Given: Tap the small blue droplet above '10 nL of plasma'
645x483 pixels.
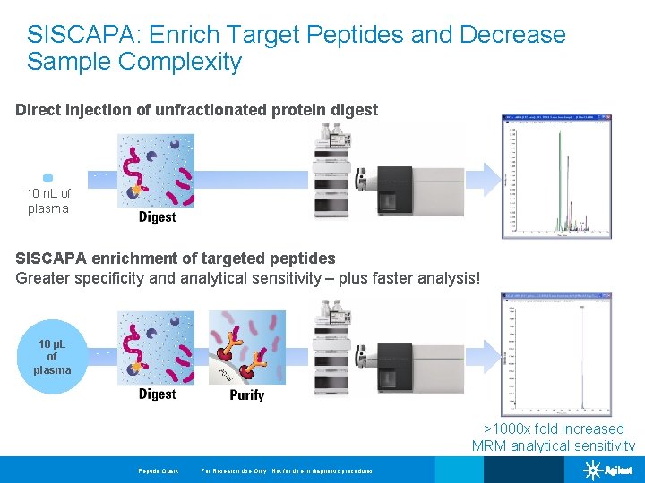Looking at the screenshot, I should pyautogui.click(x=48, y=178).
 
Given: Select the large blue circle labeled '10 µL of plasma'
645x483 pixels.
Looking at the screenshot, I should pyautogui.click(x=51, y=356).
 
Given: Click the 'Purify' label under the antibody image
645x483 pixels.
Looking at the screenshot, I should pyautogui.click(x=246, y=394).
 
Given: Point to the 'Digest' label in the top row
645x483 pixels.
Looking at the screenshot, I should pyautogui.click(x=157, y=216).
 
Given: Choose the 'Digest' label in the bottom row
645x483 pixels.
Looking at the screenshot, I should pyautogui.click(x=157, y=394).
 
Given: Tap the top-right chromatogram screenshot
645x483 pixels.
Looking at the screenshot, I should pyautogui.click(x=555, y=176).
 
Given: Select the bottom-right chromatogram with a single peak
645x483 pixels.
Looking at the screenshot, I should pyautogui.click(x=555, y=354).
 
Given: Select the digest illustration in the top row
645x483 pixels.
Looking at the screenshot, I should pyautogui.click(x=157, y=171).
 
